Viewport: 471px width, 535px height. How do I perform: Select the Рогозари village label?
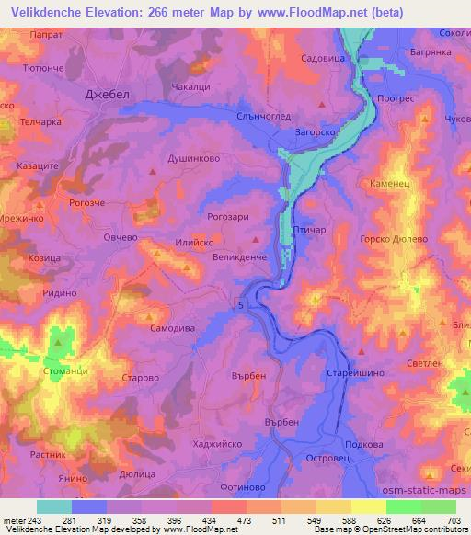click(x=229, y=217)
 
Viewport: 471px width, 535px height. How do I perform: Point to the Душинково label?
click(x=192, y=158)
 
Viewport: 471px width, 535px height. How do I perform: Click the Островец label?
click(x=316, y=456)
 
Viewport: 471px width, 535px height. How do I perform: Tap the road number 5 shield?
click(x=242, y=304)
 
